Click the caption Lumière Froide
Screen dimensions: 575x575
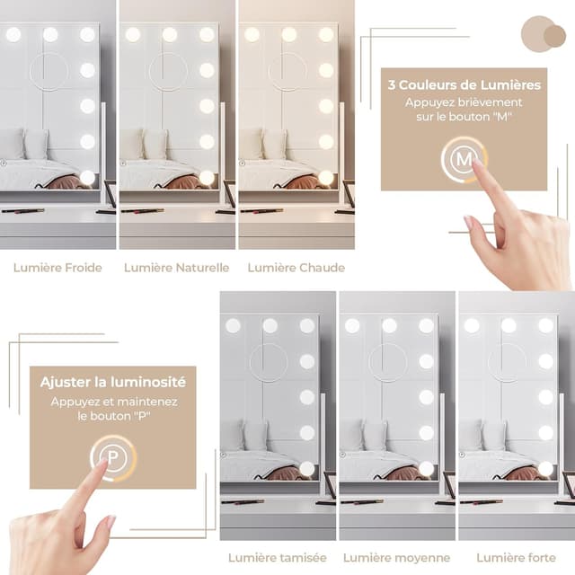57,267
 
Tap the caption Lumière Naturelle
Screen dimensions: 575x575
176,267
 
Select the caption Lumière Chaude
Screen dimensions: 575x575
296,267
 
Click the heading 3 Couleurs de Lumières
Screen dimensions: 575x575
464,85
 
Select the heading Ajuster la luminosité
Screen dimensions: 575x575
113,382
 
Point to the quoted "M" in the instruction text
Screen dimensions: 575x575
511,118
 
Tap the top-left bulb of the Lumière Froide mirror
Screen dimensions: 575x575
13,34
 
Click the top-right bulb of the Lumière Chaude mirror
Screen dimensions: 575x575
325,34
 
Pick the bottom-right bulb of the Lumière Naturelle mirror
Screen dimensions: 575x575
207,177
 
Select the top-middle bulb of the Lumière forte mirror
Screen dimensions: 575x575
509,325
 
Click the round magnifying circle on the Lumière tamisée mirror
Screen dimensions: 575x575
268,362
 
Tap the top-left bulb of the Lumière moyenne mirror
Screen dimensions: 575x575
352,325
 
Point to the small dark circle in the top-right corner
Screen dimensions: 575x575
555,36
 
